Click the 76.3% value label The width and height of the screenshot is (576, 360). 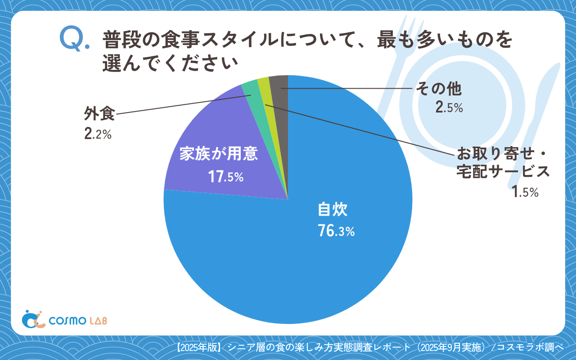coord(336,231)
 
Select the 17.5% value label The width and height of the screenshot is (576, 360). coord(225,177)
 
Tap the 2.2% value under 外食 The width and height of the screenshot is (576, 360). coord(97,134)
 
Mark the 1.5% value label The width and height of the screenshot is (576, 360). coord(525,192)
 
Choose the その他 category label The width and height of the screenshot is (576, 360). coord(438,89)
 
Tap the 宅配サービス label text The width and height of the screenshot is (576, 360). coord(503,171)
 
